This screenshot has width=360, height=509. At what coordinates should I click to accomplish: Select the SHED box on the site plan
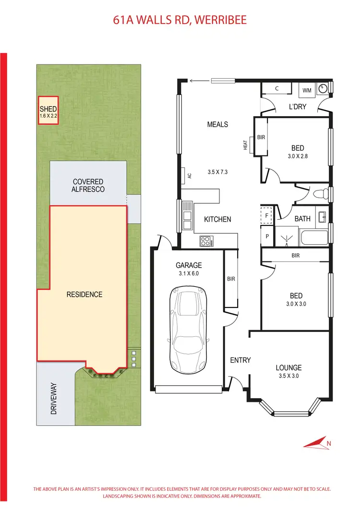(48, 110)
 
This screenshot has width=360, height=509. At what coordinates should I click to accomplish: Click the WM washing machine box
(307, 90)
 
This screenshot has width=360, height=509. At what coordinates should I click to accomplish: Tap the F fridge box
(266, 215)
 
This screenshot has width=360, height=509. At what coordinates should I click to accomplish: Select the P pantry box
(266, 236)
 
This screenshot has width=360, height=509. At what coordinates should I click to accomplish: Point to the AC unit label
(190, 176)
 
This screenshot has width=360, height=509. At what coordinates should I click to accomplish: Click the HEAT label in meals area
(245, 144)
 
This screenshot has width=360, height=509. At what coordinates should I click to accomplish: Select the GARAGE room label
(189, 265)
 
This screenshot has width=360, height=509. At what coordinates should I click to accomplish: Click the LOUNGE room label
(288, 368)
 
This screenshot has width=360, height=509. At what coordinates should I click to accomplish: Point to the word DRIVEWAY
(54, 398)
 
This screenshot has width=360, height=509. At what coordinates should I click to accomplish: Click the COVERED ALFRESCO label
(88, 186)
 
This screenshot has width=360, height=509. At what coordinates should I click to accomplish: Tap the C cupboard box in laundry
(277, 89)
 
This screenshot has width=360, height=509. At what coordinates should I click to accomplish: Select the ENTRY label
(240, 360)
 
